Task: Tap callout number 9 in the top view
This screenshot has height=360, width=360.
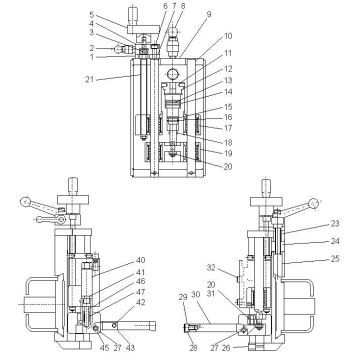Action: tap(208, 14)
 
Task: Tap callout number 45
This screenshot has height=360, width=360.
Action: tap(76, 348)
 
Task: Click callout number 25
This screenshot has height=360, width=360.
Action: tap(334, 259)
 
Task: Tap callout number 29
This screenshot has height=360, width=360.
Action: tap(183, 297)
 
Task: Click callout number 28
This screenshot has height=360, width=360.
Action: tap(192, 348)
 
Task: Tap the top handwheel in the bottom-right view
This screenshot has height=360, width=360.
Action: tap(266, 185)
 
